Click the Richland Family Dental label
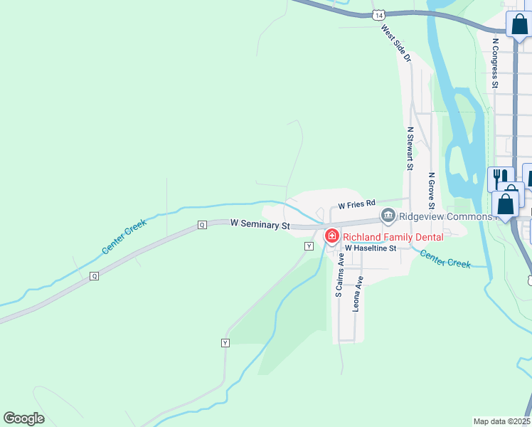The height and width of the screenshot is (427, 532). click(393, 237)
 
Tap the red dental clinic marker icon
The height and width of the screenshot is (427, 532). click(331, 236)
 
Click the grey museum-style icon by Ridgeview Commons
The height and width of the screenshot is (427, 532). click(388, 215)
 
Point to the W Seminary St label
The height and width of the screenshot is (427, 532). click(260, 225)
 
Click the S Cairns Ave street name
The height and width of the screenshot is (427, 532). click(339, 274)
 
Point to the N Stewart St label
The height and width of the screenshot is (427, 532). click(410, 149)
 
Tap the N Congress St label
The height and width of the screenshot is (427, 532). click(495, 62)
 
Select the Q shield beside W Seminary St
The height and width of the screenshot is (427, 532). click(202, 225)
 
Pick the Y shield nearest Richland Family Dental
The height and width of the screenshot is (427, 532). click(309, 246)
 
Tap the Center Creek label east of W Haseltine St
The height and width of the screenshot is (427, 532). click(445, 258)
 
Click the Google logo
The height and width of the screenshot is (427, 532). click(23, 418)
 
